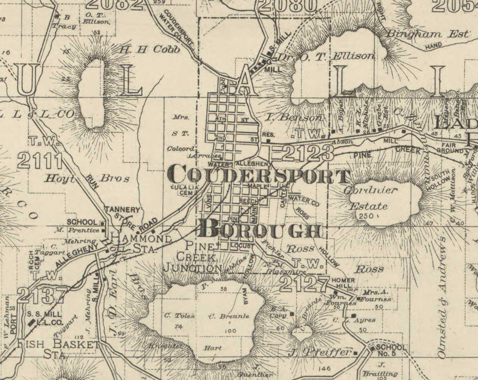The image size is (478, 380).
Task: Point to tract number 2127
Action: click(x=304, y=283)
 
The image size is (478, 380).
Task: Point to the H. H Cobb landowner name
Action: click(x=149, y=49)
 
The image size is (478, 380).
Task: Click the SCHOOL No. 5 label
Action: click(x=390, y=350)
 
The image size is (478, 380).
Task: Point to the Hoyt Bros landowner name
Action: click(x=87, y=179)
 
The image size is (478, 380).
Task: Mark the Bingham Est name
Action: click(x=427, y=34)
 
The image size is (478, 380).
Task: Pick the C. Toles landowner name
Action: click(x=179, y=316)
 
